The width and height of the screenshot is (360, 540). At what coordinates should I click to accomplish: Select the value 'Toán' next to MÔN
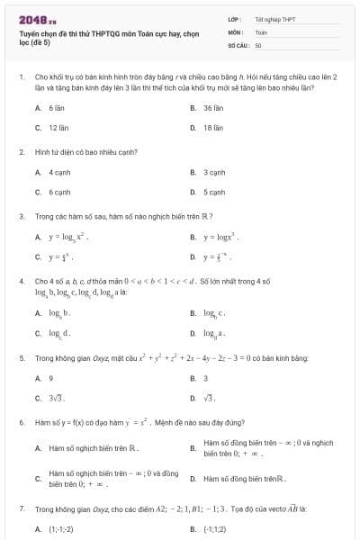coord(261,31)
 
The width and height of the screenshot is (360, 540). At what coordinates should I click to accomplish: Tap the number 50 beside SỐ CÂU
coord(258,44)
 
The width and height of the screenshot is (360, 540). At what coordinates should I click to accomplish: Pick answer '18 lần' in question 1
coord(212,128)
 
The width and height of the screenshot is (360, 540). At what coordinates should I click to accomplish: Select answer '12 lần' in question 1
coord(58,128)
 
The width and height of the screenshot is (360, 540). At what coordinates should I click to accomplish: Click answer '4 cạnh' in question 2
coord(59,171)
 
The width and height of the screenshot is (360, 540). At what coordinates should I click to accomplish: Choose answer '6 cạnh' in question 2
coord(59,192)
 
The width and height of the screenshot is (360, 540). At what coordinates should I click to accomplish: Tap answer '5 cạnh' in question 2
coord(213,192)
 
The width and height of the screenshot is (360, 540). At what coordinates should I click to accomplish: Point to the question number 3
coord(21,216)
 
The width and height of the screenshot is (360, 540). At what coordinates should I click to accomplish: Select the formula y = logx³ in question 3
coord(221,237)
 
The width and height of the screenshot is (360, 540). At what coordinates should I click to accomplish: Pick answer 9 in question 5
coord(51,377)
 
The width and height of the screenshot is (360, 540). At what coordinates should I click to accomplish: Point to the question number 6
coord(21,421)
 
